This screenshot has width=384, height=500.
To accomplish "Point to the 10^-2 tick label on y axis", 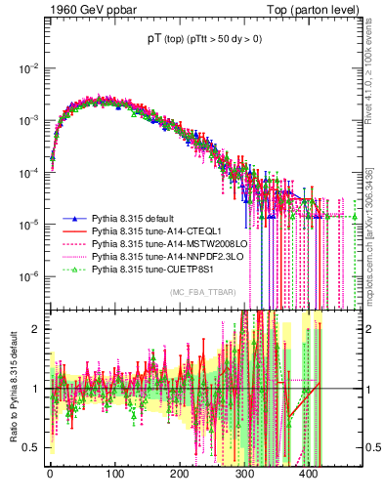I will pyautogui.click(x=27, y=68).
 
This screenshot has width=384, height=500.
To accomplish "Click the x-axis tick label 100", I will pyautogui.click(x=114, y=475).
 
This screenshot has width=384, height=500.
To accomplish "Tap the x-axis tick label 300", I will pyautogui.click(x=244, y=475).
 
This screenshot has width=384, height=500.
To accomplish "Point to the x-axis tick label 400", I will pyautogui.click(x=309, y=475).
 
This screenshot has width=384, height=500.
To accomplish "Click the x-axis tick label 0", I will pyautogui.click(x=50, y=475).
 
